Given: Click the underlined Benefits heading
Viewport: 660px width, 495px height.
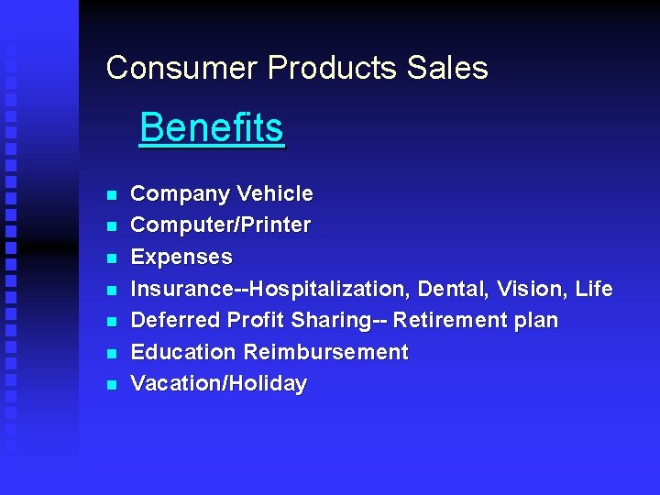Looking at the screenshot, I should point(212,128).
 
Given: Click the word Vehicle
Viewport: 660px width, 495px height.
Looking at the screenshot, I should point(274,194).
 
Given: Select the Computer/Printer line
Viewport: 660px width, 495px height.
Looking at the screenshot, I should point(221,225).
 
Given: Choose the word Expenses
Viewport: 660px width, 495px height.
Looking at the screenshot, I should point(181,258).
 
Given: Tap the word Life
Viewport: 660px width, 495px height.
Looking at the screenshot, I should point(594,289).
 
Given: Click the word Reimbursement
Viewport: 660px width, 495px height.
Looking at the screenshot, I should point(325,352).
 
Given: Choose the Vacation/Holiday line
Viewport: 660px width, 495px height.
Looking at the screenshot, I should point(219,384).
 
